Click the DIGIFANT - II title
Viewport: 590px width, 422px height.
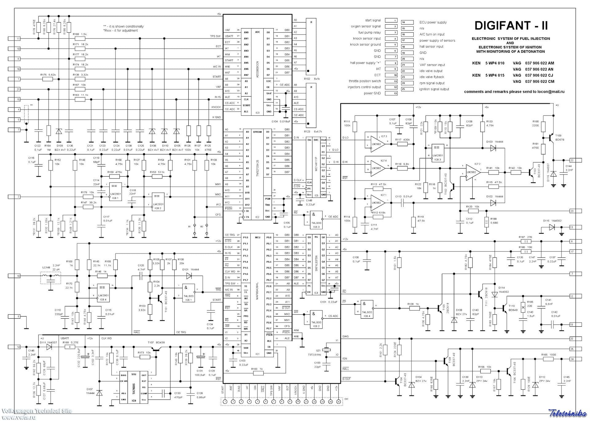coord(511,26)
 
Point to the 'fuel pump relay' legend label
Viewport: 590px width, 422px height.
coord(369,33)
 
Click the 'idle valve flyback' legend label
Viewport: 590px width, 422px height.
coord(432,77)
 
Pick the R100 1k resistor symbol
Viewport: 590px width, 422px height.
coord(258,373)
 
